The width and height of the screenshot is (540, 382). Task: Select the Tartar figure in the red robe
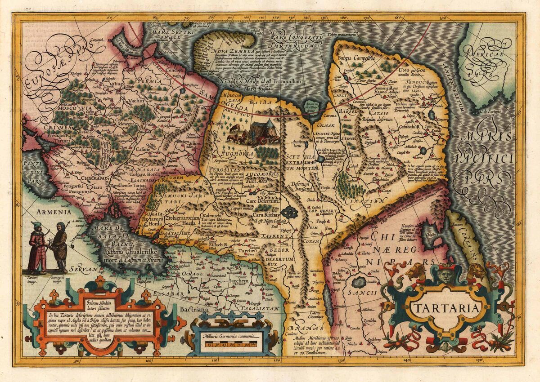coord(36,248)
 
